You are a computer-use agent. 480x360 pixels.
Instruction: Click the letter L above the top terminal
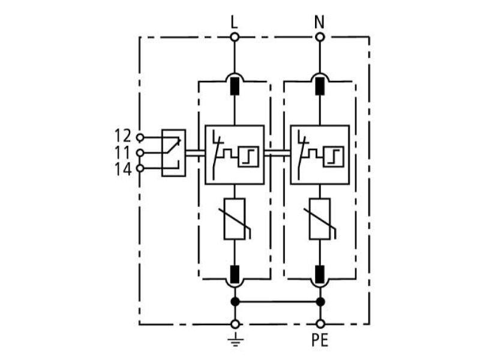pyautogui.click(x=234, y=22)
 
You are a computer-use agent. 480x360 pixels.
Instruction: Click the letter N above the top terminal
pyautogui.click(x=319, y=22)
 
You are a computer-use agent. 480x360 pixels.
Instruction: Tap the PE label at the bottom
pyautogui.click(x=320, y=340)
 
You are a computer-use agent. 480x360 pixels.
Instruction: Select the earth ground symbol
pyautogui.click(x=235, y=340)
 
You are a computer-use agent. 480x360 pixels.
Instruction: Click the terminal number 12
pyautogui.click(x=123, y=136)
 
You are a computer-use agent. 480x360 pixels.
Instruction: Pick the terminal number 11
pyautogui.click(x=123, y=152)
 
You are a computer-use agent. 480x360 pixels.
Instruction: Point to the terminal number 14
pyautogui.click(x=123, y=169)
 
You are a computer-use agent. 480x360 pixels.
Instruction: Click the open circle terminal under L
pyautogui.click(x=235, y=37)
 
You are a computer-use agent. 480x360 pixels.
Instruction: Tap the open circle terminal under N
pyautogui.click(x=320, y=37)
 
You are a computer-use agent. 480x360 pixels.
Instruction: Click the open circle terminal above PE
pyautogui.click(x=320, y=324)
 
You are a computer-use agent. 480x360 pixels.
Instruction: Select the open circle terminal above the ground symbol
pyautogui.click(x=235, y=324)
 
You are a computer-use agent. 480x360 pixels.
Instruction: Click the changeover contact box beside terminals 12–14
pyautogui.click(x=173, y=153)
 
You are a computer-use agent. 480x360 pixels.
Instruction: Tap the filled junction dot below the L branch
pyautogui.click(x=235, y=302)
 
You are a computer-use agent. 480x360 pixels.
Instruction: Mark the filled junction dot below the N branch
pyautogui.click(x=320, y=302)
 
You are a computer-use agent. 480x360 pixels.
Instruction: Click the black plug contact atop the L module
pyautogui.click(x=235, y=86)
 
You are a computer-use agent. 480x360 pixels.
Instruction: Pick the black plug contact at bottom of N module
pyautogui.click(x=320, y=274)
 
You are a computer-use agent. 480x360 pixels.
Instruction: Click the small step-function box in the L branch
pyautogui.click(x=248, y=157)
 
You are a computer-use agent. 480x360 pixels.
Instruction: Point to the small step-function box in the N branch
pyautogui.click(x=334, y=157)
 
